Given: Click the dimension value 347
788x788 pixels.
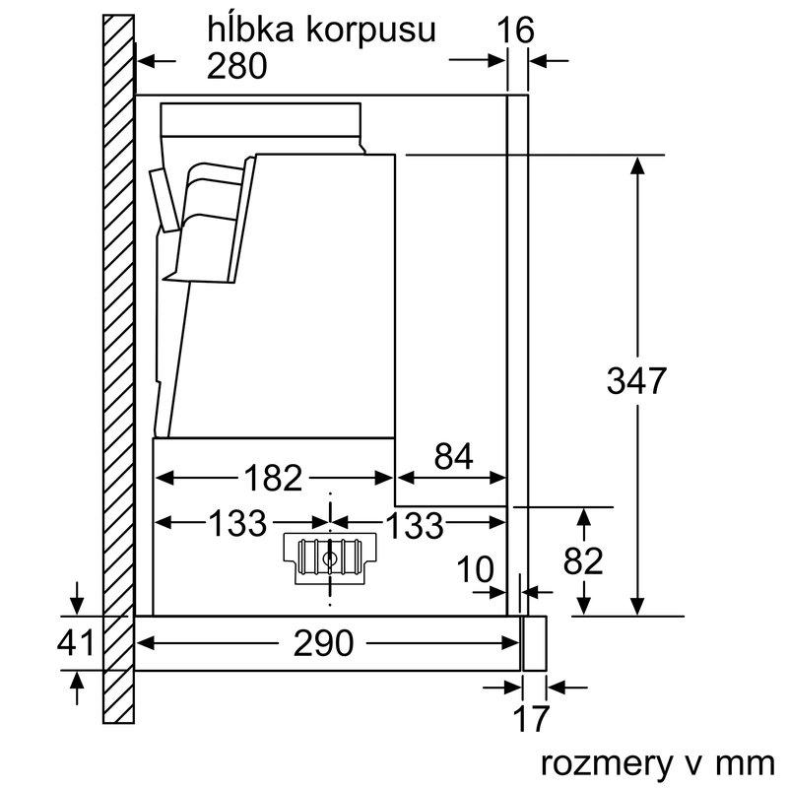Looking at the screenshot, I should pos(638,380).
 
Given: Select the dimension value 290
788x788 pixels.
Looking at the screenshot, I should pos(324,643).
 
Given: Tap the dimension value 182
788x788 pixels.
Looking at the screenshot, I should pos(273,478).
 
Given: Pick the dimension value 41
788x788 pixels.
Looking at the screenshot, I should pos(75,643).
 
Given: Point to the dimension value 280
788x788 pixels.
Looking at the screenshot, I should pos(237,66).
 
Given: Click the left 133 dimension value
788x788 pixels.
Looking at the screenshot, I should pos(236,523).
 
